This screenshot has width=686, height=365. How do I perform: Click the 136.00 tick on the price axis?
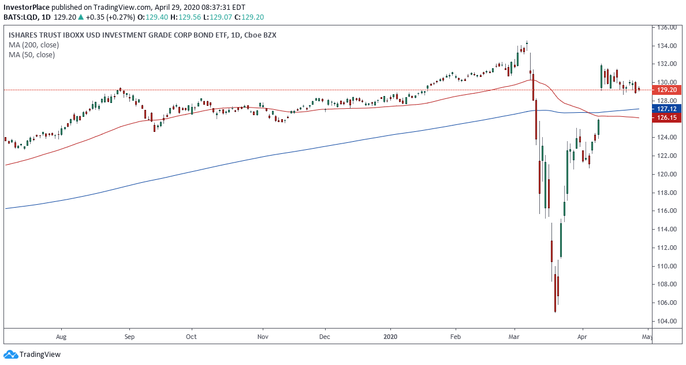click(x=668, y=28)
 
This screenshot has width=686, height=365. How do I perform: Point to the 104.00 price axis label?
click(x=668, y=321)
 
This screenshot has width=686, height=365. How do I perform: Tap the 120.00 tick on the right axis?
click(x=668, y=174)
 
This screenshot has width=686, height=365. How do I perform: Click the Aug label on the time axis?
click(x=62, y=336)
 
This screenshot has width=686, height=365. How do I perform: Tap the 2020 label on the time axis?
click(x=390, y=336)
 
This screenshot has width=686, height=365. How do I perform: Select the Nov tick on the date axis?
click(x=263, y=336)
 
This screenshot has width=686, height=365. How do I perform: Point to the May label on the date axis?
click(x=647, y=336)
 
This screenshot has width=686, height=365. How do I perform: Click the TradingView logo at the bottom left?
click(x=32, y=354)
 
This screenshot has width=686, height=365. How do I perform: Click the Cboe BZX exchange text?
click(x=260, y=35)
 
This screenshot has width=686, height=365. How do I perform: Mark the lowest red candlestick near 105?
click(x=555, y=293)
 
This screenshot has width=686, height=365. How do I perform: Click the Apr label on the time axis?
click(x=583, y=336)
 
